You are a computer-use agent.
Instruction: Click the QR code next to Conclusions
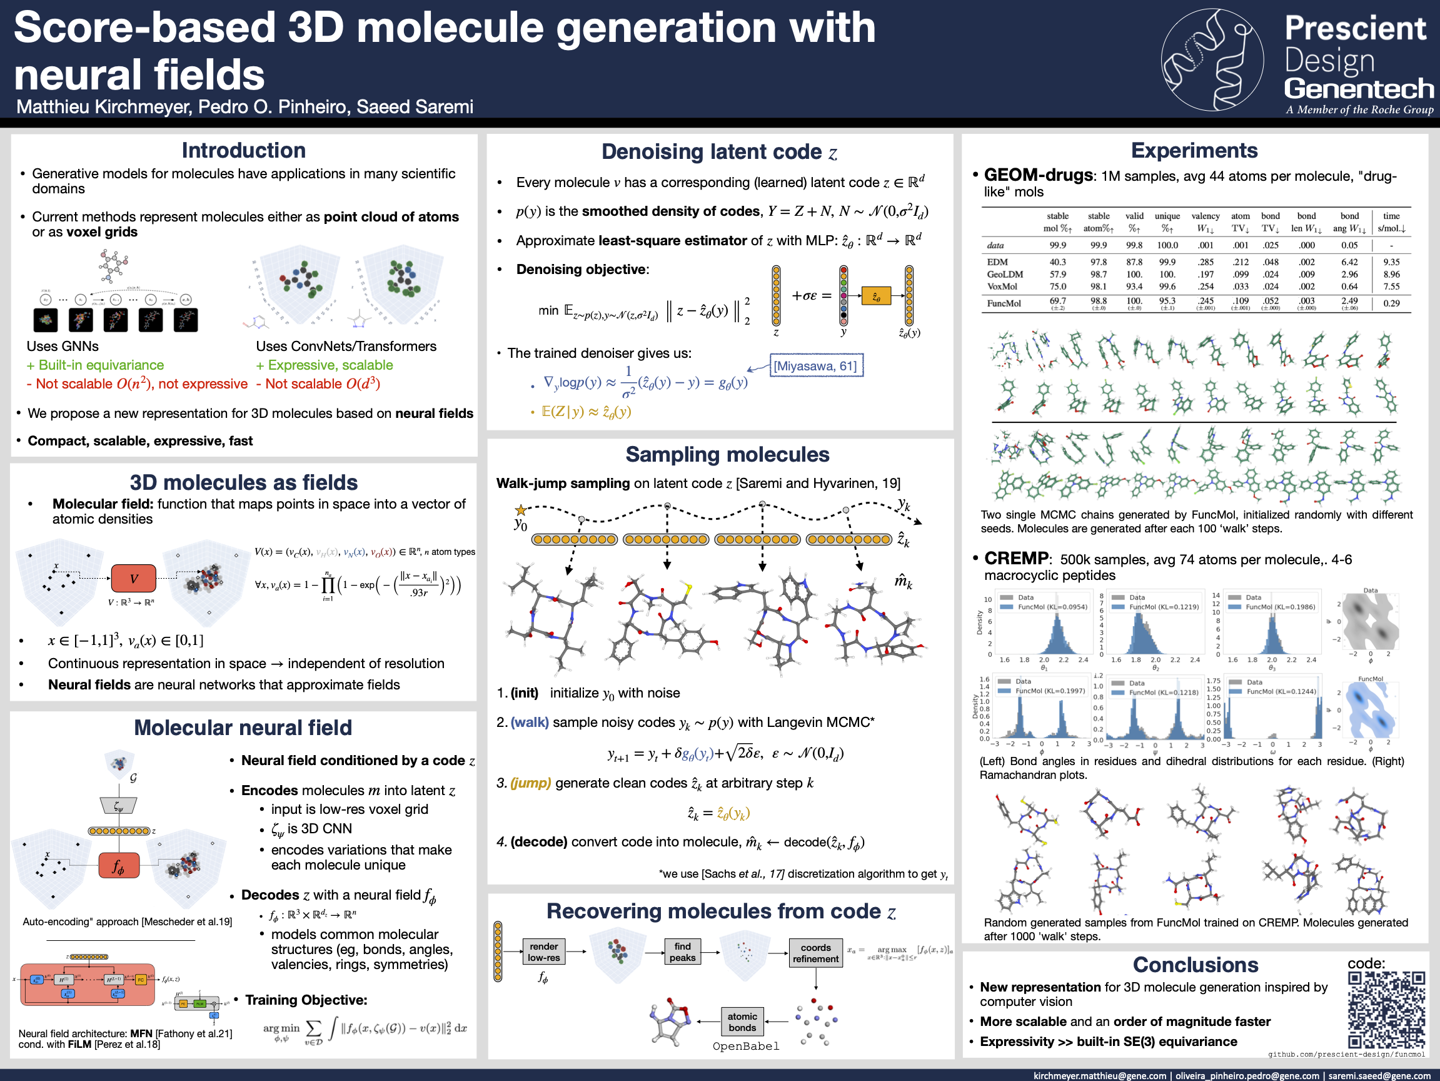1387,1008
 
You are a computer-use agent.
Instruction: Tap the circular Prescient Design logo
1212,60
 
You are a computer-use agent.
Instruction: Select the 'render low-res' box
543,952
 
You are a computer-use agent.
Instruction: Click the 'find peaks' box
682,952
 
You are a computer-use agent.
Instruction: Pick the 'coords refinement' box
816,953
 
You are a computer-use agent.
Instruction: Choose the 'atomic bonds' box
742,1022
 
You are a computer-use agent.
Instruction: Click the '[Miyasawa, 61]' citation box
817,366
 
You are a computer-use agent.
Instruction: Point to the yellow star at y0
520,510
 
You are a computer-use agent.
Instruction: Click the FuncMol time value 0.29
1391,303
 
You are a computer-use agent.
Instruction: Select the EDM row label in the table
997,261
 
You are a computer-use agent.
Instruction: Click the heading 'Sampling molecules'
727,454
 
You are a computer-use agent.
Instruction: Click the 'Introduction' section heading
243,150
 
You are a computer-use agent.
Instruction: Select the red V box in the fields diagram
133,578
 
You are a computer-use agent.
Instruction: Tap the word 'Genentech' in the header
1359,89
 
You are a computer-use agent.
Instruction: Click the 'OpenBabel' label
745,1046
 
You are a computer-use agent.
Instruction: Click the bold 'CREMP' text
1016,558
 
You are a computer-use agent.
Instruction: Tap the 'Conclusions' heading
1196,965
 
